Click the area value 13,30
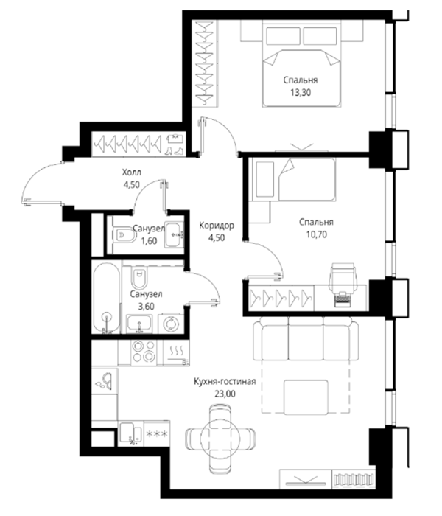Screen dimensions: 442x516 [x=301, y=93]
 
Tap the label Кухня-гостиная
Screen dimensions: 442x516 [x=225, y=381]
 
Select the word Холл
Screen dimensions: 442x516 [x=132, y=172]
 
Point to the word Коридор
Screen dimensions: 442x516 [x=217, y=226]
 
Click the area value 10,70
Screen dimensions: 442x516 [x=316, y=234]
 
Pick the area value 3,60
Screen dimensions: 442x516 [x=146, y=307]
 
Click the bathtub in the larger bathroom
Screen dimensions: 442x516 [x=106, y=298]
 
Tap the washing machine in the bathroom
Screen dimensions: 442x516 [x=171, y=324]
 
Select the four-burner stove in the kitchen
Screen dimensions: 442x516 [x=144, y=352]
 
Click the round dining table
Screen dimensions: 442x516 [x=220, y=438]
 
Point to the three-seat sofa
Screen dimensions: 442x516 [x=306, y=338]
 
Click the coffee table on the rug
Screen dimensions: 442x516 [x=306, y=397]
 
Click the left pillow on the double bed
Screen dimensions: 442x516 [x=283, y=36]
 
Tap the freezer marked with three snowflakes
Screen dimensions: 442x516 [x=157, y=433]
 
